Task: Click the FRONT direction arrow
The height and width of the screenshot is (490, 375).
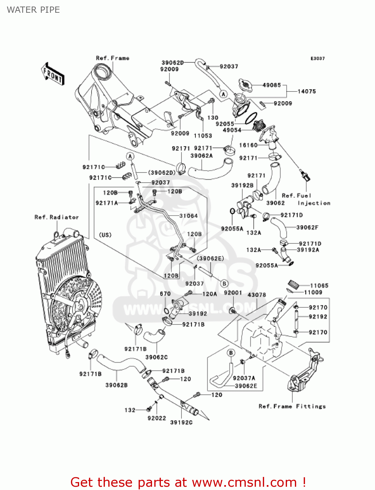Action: tap(53, 74)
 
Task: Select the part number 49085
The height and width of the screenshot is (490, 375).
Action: tap(272, 85)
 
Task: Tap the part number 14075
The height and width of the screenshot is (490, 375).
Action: tap(307, 91)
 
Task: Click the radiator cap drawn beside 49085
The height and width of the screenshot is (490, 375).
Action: tap(245, 85)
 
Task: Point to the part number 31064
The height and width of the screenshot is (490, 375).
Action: tap(189, 216)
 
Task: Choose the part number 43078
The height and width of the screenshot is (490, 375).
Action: tap(257, 295)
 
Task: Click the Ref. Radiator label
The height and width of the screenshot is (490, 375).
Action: tap(57, 217)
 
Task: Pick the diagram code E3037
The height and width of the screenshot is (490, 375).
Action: tap(317, 58)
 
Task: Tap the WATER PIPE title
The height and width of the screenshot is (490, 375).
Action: tap(33, 10)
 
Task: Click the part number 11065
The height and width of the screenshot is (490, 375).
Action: tap(319, 286)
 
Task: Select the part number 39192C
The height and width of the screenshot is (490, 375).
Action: tap(181, 422)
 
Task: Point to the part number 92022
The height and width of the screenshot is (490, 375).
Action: tap(157, 418)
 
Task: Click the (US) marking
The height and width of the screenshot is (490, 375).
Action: tap(105, 235)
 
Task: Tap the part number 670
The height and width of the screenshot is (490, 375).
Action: tap(165, 294)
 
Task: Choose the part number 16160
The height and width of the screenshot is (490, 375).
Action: tap(248, 145)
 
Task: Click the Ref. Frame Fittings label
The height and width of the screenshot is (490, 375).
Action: tap(292, 406)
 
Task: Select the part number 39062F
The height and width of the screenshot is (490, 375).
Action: tap(307, 227)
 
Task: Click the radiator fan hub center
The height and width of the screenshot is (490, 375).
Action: tap(80, 307)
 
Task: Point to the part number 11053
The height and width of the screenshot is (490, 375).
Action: tap(203, 136)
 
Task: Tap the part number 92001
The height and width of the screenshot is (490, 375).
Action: tap(233, 293)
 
